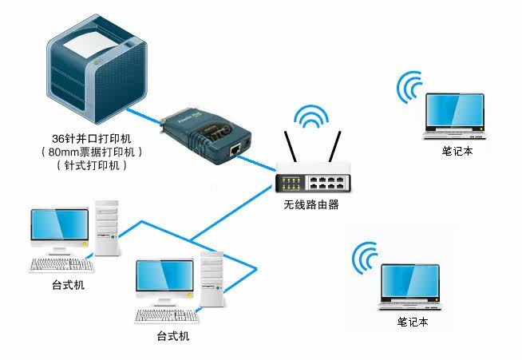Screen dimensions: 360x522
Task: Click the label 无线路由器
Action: click(x=311, y=205)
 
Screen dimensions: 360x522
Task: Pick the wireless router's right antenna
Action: click(x=337, y=146)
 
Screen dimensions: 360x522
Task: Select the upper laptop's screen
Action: click(x=454, y=114)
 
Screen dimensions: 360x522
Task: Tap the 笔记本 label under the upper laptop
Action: click(x=457, y=151)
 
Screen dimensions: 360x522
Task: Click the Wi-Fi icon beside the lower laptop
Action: click(x=367, y=256)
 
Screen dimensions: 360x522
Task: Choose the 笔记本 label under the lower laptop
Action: click(x=413, y=322)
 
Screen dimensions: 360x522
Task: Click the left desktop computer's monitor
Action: click(x=59, y=229)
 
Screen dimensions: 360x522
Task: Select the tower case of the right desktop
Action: click(x=212, y=279)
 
